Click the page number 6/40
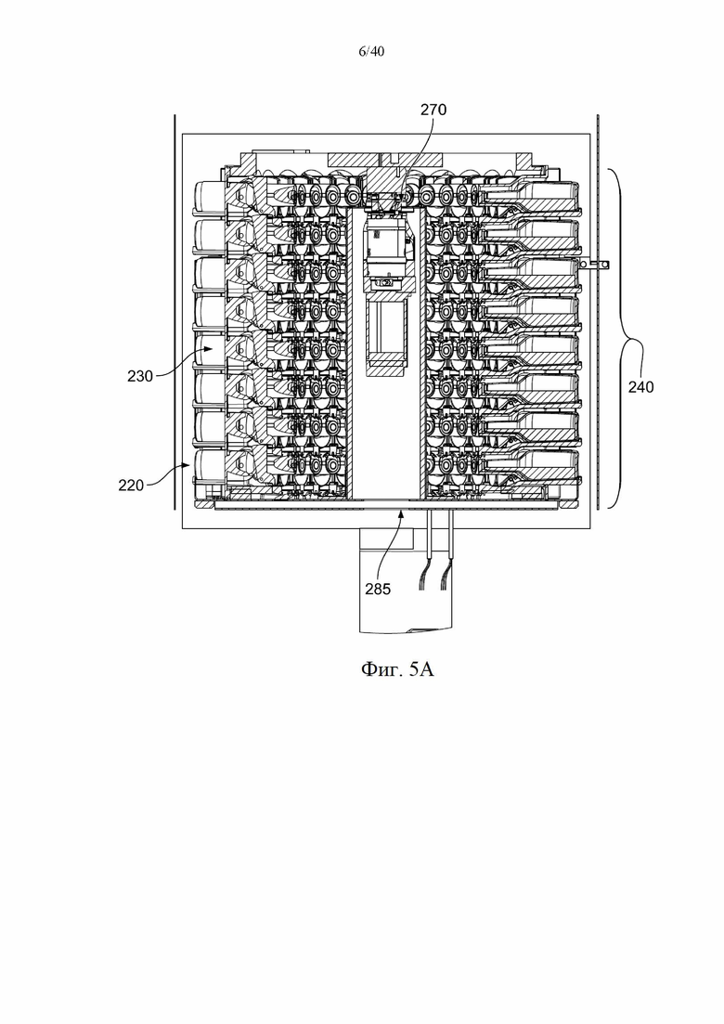click(x=371, y=52)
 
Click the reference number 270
click(x=433, y=109)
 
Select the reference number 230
click(x=140, y=376)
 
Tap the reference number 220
click(x=131, y=486)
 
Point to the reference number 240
click(x=640, y=387)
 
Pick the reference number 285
click(x=378, y=590)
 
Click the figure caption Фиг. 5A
click(x=397, y=668)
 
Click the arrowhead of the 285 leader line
click(x=402, y=514)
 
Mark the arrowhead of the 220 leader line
click(x=187, y=465)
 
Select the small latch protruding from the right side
click(x=596, y=264)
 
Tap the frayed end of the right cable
click(x=446, y=579)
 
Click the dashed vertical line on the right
click(x=598, y=312)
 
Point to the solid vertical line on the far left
click(x=175, y=312)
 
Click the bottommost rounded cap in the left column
click(x=209, y=467)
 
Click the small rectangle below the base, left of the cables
click(x=387, y=538)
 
